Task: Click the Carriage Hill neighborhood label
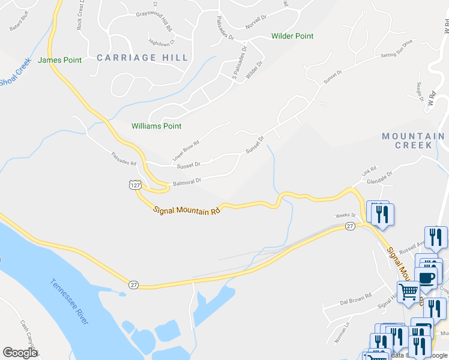pos(142,58)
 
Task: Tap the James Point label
pos(59,60)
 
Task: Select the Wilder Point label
pos(292,37)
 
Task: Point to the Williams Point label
pos(156,126)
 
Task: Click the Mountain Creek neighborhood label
pos(415,141)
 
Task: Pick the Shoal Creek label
pos(14,74)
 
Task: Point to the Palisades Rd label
pos(124,160)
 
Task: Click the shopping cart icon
pos(409,292)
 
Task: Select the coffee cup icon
pos(426,278)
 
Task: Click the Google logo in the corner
pos(20,353)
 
